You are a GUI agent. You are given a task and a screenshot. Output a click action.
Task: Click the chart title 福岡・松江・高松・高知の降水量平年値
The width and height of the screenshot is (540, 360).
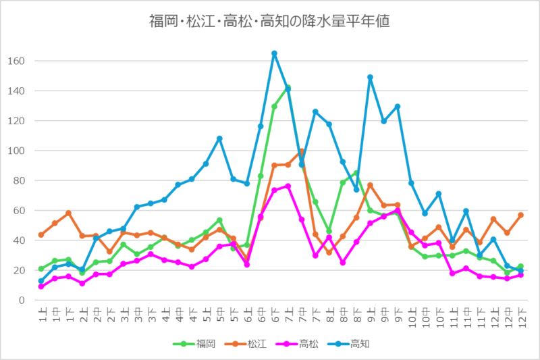270,21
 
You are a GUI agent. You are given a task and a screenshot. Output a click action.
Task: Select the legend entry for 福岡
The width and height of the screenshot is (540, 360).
200,344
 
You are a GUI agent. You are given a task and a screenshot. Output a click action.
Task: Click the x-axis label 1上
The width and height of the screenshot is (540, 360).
41,313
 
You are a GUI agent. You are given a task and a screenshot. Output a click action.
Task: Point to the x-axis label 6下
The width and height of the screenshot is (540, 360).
274,313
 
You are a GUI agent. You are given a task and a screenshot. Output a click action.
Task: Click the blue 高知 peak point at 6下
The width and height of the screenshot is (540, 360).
274,53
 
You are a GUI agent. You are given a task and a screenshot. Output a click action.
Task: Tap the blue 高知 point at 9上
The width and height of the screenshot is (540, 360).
370,77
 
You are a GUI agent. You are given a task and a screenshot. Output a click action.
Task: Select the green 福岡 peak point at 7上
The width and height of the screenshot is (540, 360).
288,87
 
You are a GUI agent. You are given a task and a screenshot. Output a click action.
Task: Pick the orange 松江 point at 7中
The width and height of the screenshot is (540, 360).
302,151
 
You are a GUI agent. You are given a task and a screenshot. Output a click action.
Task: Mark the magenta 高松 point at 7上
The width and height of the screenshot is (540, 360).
288,186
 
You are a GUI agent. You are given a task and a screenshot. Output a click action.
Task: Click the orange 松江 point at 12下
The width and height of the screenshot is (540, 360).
520,215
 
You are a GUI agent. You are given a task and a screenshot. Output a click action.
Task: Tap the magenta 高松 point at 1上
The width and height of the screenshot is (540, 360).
41,286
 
